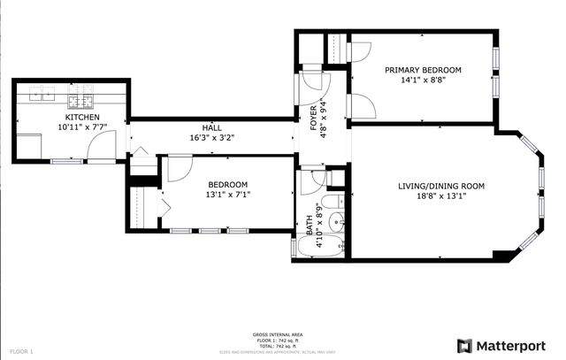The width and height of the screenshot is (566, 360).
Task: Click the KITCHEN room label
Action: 81,118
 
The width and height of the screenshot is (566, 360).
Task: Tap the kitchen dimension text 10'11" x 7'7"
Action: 81,128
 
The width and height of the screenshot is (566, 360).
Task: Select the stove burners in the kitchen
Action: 80,90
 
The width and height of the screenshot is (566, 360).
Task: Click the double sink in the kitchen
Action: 45,90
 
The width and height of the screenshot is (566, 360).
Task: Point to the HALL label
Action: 211,127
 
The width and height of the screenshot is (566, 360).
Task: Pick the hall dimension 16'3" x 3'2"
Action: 211,138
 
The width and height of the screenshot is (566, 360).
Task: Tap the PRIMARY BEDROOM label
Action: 423,69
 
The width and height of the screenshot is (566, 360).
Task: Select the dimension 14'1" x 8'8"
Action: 423,80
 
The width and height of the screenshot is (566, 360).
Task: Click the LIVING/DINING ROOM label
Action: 442,185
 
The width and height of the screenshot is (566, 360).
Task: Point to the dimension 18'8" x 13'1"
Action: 442,196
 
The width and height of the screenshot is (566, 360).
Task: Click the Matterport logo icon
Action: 464,345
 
